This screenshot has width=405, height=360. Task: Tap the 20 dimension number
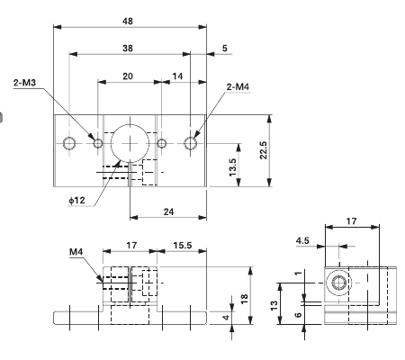128,77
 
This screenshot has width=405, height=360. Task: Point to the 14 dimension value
177,77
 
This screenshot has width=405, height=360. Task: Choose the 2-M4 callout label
240,86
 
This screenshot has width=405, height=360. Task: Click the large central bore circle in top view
128,143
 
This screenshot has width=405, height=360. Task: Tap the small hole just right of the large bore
161,143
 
